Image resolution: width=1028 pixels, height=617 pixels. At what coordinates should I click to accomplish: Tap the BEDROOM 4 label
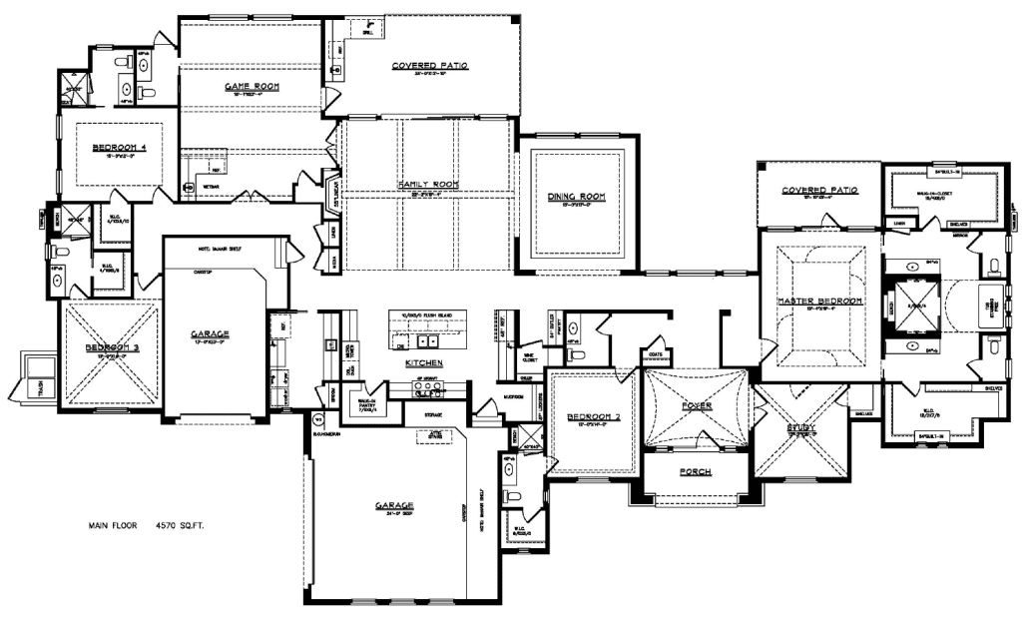click(120, 148)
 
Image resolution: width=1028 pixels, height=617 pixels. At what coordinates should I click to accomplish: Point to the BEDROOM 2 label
click(594, 416)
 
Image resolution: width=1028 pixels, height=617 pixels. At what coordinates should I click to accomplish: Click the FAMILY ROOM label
click(426, 185)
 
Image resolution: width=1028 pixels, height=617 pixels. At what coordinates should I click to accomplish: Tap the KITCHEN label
click(424, 363)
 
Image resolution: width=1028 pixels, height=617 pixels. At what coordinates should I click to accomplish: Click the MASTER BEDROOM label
click(818, 300)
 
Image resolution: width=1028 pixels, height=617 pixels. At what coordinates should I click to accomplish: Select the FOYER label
click(696, 406)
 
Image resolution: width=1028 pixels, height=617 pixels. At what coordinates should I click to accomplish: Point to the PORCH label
click(695, 471)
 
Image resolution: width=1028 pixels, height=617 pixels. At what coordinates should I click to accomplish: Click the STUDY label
click(800, 430)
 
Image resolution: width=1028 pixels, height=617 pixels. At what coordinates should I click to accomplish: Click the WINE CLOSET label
click(532, 355)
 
